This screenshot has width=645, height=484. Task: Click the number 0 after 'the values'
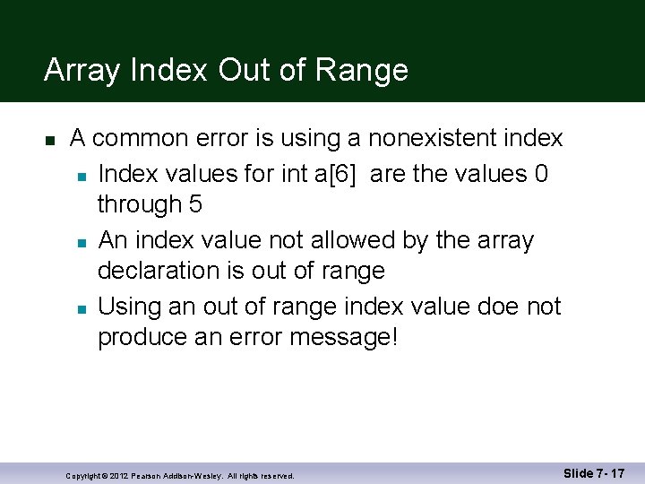point(540,173)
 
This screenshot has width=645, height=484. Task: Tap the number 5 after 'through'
point(195,204)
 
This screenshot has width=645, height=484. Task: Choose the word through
point(139,204)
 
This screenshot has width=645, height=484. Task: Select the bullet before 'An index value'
point(81,242)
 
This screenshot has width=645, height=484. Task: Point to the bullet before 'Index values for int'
point(81,175)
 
